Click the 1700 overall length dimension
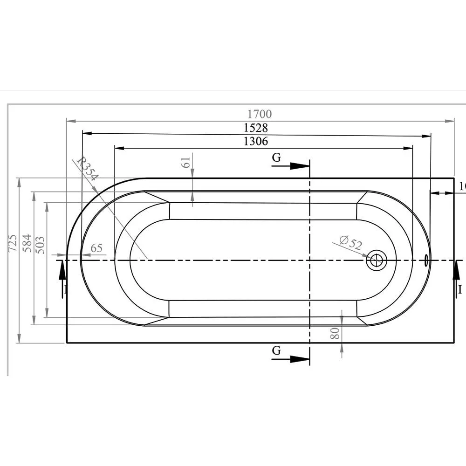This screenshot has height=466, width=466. (x=260, y=114)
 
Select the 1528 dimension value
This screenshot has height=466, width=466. (x=256, y=128)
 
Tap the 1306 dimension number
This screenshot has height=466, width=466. (x=256, y=141)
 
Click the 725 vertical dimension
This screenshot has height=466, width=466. (x=13, y=243)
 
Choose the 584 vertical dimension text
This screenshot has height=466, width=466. (x=27, y=243)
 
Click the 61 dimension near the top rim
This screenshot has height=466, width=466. (x=185, y=163)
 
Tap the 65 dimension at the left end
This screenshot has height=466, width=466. (x=96, y=248)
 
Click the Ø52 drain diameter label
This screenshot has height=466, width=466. (x=351, y=243)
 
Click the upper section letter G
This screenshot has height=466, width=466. (x=276, y=158)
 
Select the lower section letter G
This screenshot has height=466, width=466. (x=276, y=351)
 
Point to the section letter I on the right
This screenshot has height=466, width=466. (x=460, y=290)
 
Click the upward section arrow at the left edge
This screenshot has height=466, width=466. (x=62, y=275)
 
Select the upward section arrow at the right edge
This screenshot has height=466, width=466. (x=456, y=275)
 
